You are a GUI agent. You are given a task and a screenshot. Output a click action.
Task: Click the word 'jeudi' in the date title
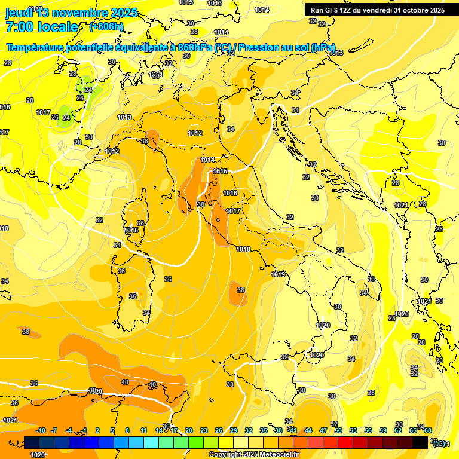(19, 13)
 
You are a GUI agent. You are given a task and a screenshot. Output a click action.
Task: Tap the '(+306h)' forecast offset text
(106, 26)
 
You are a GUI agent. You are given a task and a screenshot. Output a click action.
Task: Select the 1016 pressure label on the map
(230, 193)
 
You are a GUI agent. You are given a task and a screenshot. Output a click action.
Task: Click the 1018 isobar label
(243, 249)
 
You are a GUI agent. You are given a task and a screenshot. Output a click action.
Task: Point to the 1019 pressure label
(278, 274)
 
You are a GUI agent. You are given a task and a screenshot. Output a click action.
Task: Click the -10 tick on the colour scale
(41, 430)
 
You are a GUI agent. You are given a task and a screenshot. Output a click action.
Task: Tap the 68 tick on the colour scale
(428, 430)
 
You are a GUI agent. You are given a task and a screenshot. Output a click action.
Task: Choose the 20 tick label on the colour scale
(189, 430)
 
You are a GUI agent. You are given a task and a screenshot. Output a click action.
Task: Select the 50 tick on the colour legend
(338, 430)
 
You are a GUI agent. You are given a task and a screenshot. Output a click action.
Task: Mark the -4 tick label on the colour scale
(69, 430)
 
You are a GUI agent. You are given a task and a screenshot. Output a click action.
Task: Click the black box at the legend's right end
(420, 442)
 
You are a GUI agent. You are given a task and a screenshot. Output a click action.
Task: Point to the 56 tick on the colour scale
(368, 430)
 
